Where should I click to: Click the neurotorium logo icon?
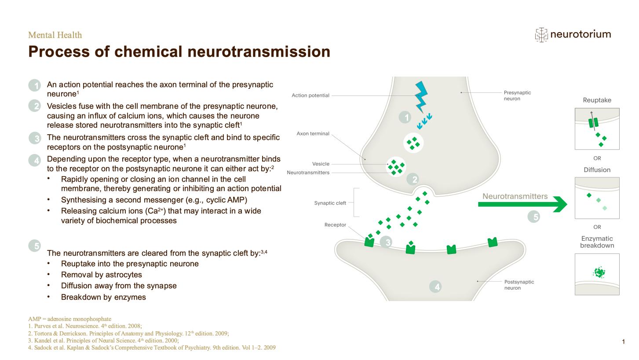(x=541, y=35)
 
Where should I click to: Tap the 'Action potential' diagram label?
(x=310, y=96)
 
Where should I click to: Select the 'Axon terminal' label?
(x=313, y=134)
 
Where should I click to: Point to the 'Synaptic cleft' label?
(x=330, y=203)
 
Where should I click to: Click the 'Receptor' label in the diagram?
(x=335, y=225)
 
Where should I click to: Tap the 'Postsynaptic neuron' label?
(x=519, y=285)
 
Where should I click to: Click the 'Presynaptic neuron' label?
(x=517, y=96)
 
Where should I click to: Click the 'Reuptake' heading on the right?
(x=597, y=100)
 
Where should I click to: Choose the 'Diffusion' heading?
(x=597, y=170)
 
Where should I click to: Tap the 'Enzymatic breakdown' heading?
(x=597, y=242)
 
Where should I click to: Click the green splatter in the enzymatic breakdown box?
(x=599, y=273)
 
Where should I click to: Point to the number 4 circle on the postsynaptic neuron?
(x=437, y=287)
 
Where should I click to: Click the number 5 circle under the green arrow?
(x=536, y=217)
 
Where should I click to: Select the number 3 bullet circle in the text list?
(x=35, y=138)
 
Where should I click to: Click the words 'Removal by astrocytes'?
(x=101, y=275)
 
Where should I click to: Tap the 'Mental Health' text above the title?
(x=55, y=35)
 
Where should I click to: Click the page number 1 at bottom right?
(x=624, y=342)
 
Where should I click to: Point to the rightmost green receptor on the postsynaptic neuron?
(x=493, y=242)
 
